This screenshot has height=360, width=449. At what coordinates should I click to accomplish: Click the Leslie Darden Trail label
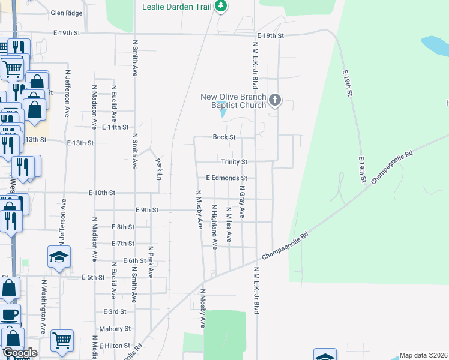point(178,6)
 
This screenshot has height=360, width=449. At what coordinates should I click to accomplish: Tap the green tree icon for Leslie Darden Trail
point(221,6)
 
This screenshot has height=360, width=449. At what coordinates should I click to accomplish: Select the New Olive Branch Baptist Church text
point(233,101)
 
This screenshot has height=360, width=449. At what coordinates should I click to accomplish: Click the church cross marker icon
point(275,100)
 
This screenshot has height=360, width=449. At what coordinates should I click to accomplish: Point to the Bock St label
point(224,137)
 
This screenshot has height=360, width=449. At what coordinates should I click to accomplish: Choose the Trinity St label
point(234,162)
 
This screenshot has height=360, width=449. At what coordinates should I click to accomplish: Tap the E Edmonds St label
point(226,178)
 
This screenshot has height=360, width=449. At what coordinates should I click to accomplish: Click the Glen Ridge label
point(66,13)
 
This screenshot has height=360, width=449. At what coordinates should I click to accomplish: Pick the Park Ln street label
point(159,164)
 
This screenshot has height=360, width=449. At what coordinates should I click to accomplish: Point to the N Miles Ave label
point(229,224)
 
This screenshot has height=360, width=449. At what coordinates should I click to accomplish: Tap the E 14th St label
point(115,127)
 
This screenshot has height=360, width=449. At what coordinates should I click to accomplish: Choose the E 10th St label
point(101,193)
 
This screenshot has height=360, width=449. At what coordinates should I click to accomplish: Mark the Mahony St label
point(115,329)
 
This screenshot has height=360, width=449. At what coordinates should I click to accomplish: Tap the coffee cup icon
point(9,314)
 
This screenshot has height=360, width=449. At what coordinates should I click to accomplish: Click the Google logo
point(19,353)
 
